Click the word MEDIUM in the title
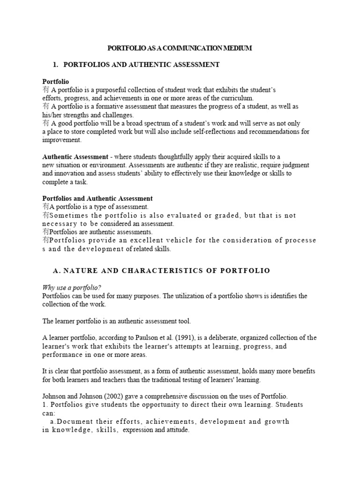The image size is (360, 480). coord(238,48)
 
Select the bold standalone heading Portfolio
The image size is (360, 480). coord(56,82)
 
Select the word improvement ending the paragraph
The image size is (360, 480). coord(62,140)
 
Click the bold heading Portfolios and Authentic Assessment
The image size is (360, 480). coord(97,198)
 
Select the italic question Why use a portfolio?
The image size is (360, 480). coord(72,287)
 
